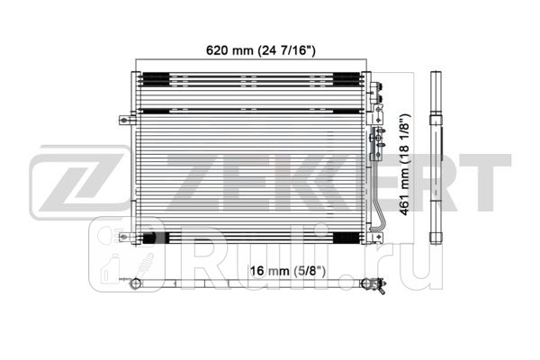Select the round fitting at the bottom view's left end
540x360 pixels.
pos(134,285)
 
